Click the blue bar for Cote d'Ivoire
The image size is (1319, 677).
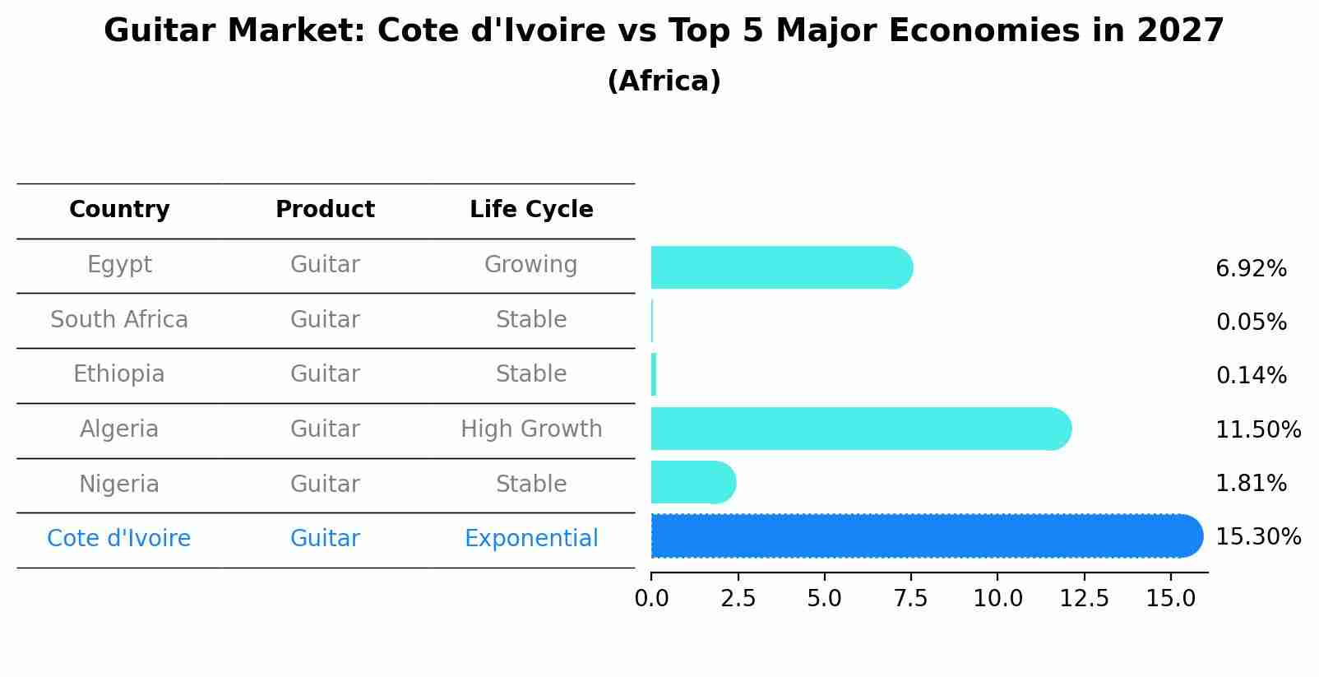925,536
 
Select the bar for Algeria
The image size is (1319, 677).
859,429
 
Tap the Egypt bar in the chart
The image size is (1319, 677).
781,268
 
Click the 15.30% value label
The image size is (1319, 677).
1257,537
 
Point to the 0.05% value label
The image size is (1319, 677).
1251,322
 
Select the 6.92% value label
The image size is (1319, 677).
1251,269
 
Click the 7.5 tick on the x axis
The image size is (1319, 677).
910,599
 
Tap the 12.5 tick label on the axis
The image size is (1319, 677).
1084,599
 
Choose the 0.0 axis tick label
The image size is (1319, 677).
651,599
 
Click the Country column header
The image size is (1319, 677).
119,210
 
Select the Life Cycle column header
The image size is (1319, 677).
531,210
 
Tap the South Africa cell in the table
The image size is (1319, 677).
119,320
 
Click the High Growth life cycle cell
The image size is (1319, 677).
531,429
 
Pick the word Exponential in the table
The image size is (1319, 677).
531,539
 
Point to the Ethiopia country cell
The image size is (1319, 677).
119,374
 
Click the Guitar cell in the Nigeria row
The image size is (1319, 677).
325,484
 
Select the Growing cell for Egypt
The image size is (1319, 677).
531,265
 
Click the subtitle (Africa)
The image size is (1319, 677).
664,81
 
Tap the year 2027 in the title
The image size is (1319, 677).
1180,31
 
